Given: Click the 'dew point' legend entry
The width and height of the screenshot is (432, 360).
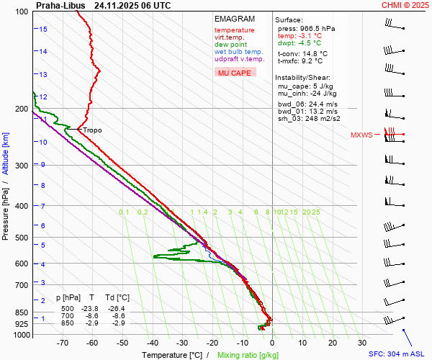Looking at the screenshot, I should point(230,45).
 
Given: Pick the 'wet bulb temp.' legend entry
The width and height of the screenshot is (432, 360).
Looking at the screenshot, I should point(238,52).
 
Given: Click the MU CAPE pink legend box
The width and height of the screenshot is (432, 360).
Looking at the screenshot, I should point(235,73).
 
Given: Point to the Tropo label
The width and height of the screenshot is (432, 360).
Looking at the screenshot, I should point(92,130).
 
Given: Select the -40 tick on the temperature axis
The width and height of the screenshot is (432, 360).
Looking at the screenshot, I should point(153,343).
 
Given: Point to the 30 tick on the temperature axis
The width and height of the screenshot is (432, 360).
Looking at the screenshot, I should point(362,343).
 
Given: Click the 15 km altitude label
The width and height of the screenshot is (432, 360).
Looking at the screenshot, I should point(43,29).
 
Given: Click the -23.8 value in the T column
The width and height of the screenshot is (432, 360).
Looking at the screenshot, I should point(89,307).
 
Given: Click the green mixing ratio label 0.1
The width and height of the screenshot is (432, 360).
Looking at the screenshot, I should point(124,212).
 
